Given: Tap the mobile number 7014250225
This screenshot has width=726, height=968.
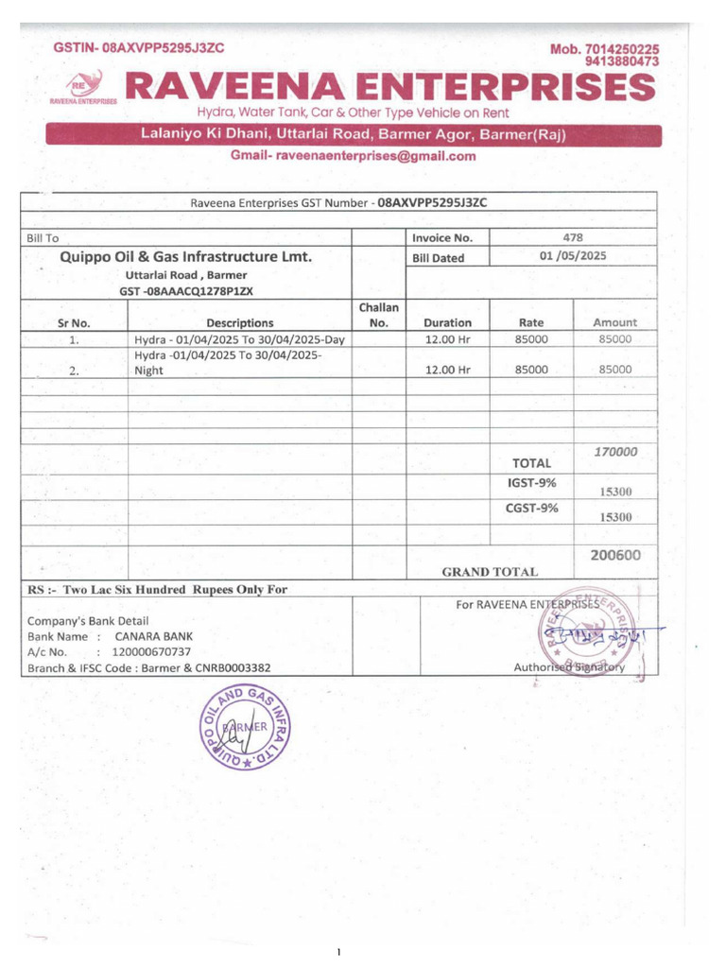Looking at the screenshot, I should [x=622, y=48].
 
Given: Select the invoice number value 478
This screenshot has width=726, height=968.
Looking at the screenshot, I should [x=572, y=237].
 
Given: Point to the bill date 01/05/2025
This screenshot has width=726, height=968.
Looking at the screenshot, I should [x=573, y=256].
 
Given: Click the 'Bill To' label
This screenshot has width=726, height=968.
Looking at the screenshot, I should [x=43, y=238].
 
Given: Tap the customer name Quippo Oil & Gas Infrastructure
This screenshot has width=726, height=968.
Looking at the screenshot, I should [x=186, y=256].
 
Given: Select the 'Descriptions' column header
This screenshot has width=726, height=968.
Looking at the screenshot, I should [x=239, y=322].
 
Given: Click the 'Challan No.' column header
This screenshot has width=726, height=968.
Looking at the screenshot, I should [x=379, y=315].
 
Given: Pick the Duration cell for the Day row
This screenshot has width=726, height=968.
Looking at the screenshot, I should [x=447, y=339].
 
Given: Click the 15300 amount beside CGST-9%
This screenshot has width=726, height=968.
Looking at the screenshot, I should [x=615, y=517].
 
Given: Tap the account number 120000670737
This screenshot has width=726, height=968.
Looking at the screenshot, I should [x=151, y=652].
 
